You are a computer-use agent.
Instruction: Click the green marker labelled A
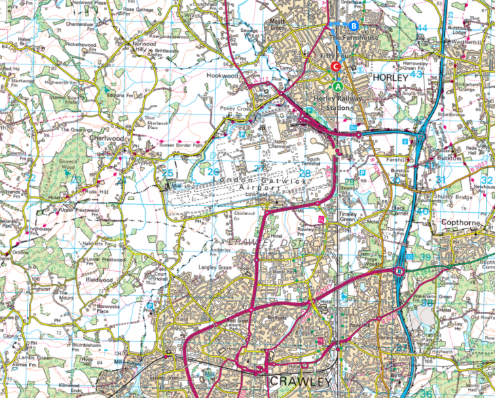[338, 87]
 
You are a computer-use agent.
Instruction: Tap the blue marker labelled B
[353, 26]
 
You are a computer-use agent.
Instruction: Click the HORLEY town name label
[390, 79]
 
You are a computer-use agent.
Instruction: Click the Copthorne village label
[460, 222]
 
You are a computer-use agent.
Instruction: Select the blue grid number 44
[422, 28]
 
